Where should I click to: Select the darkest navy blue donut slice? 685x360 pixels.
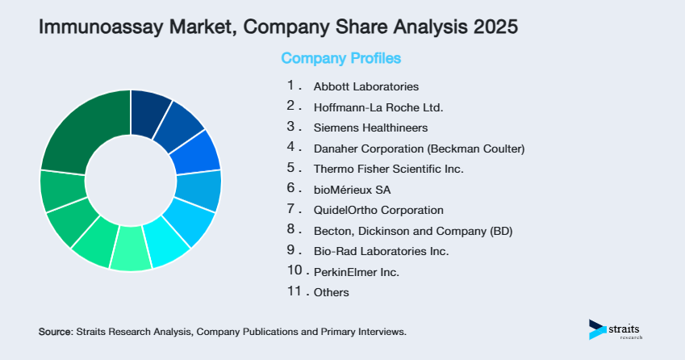point(150,109)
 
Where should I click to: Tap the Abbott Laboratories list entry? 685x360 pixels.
point(365,86)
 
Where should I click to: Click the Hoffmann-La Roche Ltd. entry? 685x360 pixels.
point(378,107)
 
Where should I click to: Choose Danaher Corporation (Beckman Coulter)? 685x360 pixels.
point(419,149)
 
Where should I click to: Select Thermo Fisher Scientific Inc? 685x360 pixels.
point(388,169)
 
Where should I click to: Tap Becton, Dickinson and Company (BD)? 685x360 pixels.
point(412,231)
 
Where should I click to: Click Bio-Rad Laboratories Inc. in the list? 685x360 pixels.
point(381,251)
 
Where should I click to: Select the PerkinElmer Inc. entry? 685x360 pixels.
point(356,272)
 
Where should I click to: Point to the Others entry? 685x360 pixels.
point(331,293)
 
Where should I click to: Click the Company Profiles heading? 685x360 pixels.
point(340,59)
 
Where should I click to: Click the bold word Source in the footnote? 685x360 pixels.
point(55,332)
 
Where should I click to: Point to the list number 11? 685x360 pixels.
point(294,291)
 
